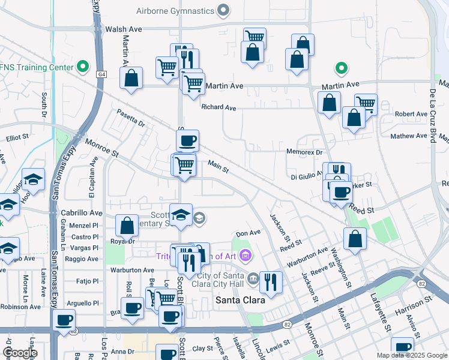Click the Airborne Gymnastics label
(175, 11)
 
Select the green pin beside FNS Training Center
(83, 67)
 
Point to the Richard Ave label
(218, 107)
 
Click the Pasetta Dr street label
(131, 117)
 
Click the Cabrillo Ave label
(82, 213)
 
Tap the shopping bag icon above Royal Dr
(127, 226)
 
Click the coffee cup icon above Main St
(187, 141)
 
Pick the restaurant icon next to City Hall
(271, 280)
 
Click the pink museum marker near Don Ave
(245, 257)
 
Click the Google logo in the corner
(19, 353)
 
